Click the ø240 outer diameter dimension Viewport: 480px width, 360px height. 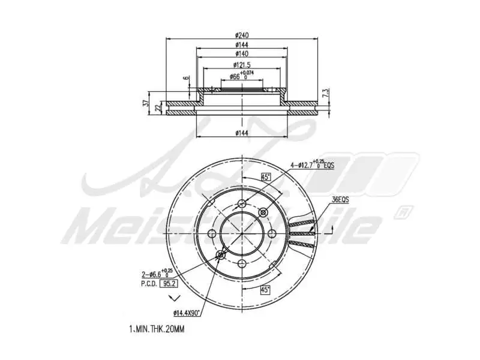(242, 34)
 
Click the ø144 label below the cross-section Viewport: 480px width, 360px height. (242, 132)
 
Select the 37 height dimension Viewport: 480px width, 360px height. (146, 103)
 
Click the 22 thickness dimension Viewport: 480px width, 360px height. (158, 107)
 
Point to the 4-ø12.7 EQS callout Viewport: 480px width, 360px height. (312, 163)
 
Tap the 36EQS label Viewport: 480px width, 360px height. (340, 199)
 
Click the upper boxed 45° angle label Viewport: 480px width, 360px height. (266, 176)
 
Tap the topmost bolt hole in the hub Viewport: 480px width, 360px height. (242, 203)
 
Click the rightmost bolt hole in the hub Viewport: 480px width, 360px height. (271, 233)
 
